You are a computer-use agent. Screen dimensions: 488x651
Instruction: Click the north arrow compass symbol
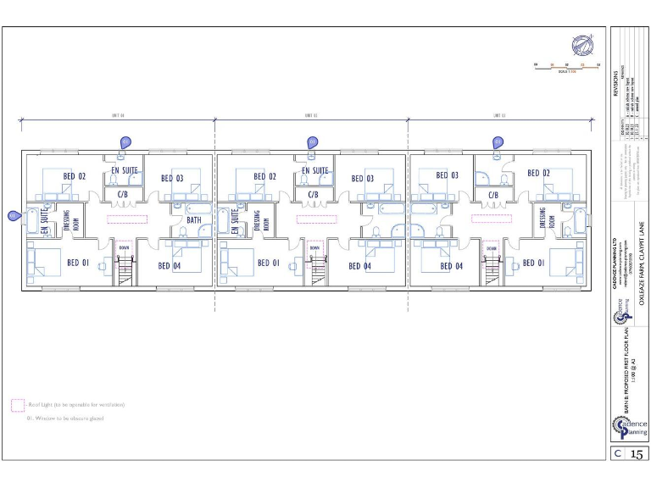tap(582, 45)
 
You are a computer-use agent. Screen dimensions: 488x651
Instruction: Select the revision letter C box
tap(619, 454)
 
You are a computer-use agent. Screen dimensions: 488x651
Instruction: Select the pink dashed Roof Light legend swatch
tap(17, 405)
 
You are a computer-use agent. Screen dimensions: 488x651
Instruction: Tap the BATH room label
tap(194, 219)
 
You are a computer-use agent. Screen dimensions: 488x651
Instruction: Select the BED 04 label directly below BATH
tap(170, 265)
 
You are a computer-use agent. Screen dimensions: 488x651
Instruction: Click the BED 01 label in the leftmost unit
tap(78, 263)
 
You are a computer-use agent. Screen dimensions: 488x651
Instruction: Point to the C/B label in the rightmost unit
tap(492, 194)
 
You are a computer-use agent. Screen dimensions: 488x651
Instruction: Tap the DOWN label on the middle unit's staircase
tap(314, 247)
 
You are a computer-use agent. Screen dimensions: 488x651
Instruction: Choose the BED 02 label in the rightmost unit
tap(539, 173)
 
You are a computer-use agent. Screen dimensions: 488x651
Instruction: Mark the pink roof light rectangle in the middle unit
tap(316, 218)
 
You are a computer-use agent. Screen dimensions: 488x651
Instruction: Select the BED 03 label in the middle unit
tap(363, 178)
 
